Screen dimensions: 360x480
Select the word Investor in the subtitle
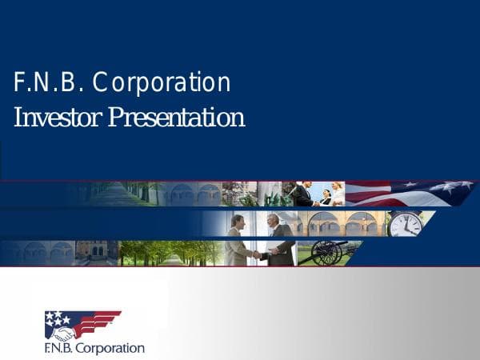56,118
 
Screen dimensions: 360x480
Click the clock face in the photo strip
405,223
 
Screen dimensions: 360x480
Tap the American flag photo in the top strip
408,193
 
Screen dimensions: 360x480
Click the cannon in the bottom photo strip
328,252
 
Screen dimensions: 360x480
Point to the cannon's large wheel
326,254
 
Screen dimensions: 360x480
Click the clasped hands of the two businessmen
258,254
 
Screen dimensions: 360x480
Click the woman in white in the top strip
338,194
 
